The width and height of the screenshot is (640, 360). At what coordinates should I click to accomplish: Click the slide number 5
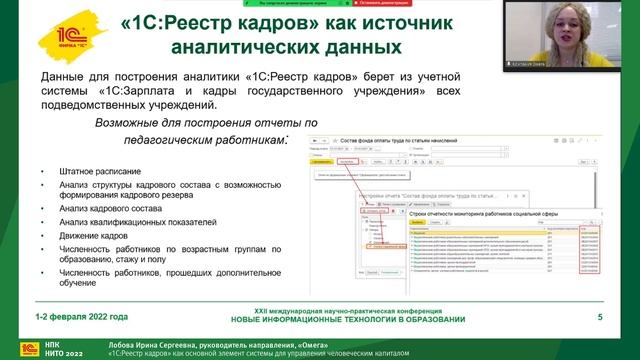599,317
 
